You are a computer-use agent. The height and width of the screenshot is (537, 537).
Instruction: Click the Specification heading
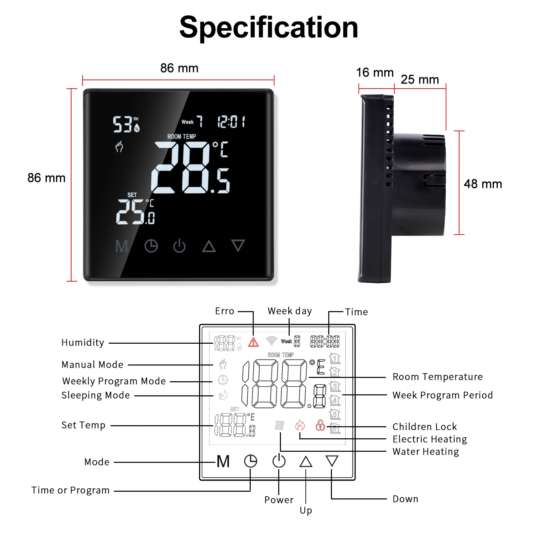[268, 28]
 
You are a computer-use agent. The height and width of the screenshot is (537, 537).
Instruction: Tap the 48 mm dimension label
[483, 184]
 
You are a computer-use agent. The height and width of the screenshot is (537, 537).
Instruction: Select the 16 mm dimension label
[375, 72]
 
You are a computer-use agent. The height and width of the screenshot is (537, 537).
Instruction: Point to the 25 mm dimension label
[420, 80]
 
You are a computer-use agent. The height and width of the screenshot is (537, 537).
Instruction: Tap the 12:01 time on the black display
[231, 121]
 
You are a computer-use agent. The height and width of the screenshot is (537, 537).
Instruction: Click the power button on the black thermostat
[179, 246]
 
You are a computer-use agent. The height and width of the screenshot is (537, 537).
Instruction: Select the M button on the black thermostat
[121, 246]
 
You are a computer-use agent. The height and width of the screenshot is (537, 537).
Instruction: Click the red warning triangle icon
[253, 342]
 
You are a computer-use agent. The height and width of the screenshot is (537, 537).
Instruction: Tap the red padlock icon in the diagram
[320, 425]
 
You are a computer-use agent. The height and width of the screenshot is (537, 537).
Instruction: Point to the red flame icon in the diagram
[300, 426]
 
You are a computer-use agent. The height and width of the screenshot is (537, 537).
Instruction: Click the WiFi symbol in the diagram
[271, 341]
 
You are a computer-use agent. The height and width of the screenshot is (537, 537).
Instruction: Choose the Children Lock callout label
[425, 427]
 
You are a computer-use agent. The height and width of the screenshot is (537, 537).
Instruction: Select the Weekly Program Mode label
[114, 381]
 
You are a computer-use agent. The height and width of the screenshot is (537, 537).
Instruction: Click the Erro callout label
[225, 311]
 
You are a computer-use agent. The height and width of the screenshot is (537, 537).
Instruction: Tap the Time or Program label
[70, 490]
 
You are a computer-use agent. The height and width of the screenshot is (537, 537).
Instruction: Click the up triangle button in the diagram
[305, 461]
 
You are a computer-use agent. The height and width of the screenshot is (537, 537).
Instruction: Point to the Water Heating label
[426, 452]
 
